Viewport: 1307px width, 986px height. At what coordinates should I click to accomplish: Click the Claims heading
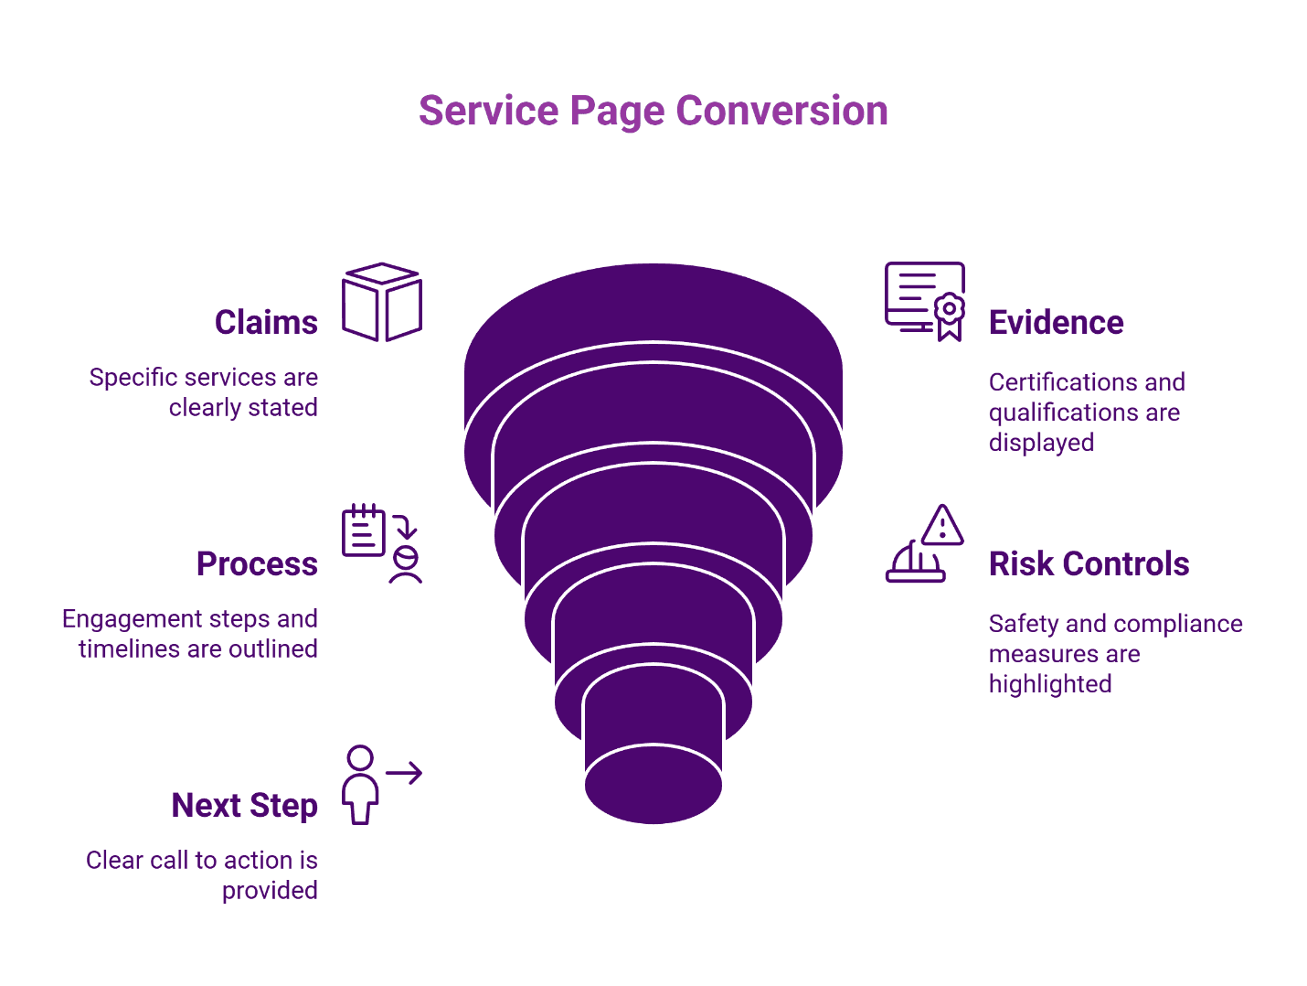(x=266, y=323)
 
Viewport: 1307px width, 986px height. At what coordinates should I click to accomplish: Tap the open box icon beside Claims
(x=381, y=302)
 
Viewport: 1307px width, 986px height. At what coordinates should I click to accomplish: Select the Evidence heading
(x=1056, y=323)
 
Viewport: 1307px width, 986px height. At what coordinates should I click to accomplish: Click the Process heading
(x=257, y=564)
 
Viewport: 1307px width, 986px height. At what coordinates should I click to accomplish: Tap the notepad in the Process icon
(x=363, y=531)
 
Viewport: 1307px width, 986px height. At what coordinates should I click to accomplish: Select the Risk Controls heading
(x=1089, y=564)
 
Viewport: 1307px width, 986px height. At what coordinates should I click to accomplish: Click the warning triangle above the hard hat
(x=942, y=526)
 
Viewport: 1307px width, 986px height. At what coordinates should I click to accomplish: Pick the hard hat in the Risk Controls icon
(x=914, y=563)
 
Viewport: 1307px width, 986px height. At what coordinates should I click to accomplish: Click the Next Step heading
(x=244, y=806)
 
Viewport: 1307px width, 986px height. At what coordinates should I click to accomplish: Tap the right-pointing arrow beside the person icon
(x=404, y=773)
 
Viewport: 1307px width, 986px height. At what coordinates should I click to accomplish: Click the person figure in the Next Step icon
(x=360, y=785)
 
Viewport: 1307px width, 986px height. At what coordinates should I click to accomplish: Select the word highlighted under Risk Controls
(x=1050, y=684)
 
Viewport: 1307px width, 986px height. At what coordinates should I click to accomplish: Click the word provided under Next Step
(x=270, y=891)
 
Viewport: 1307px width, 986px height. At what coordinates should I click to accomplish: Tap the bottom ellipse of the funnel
(x=653, y=785)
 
